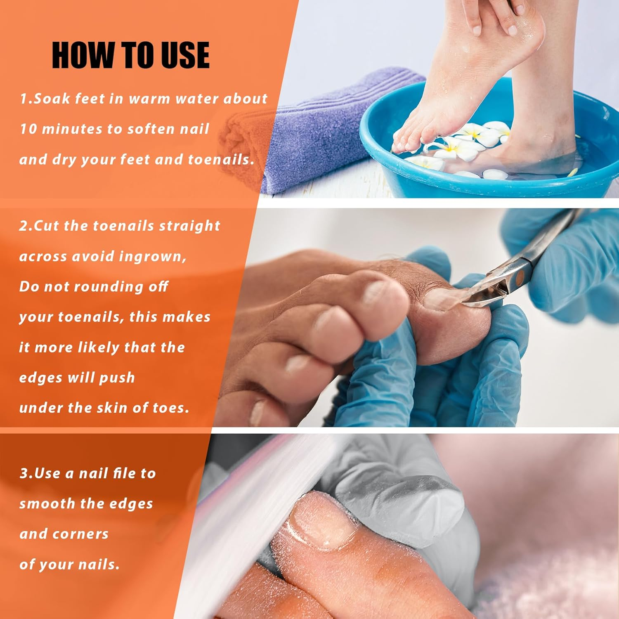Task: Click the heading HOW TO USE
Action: (x=130, y=55)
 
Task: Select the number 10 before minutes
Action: (x=28, y=129)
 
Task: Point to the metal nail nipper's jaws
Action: (x=483, y=295)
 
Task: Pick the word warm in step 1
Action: (x=149, y=99)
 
